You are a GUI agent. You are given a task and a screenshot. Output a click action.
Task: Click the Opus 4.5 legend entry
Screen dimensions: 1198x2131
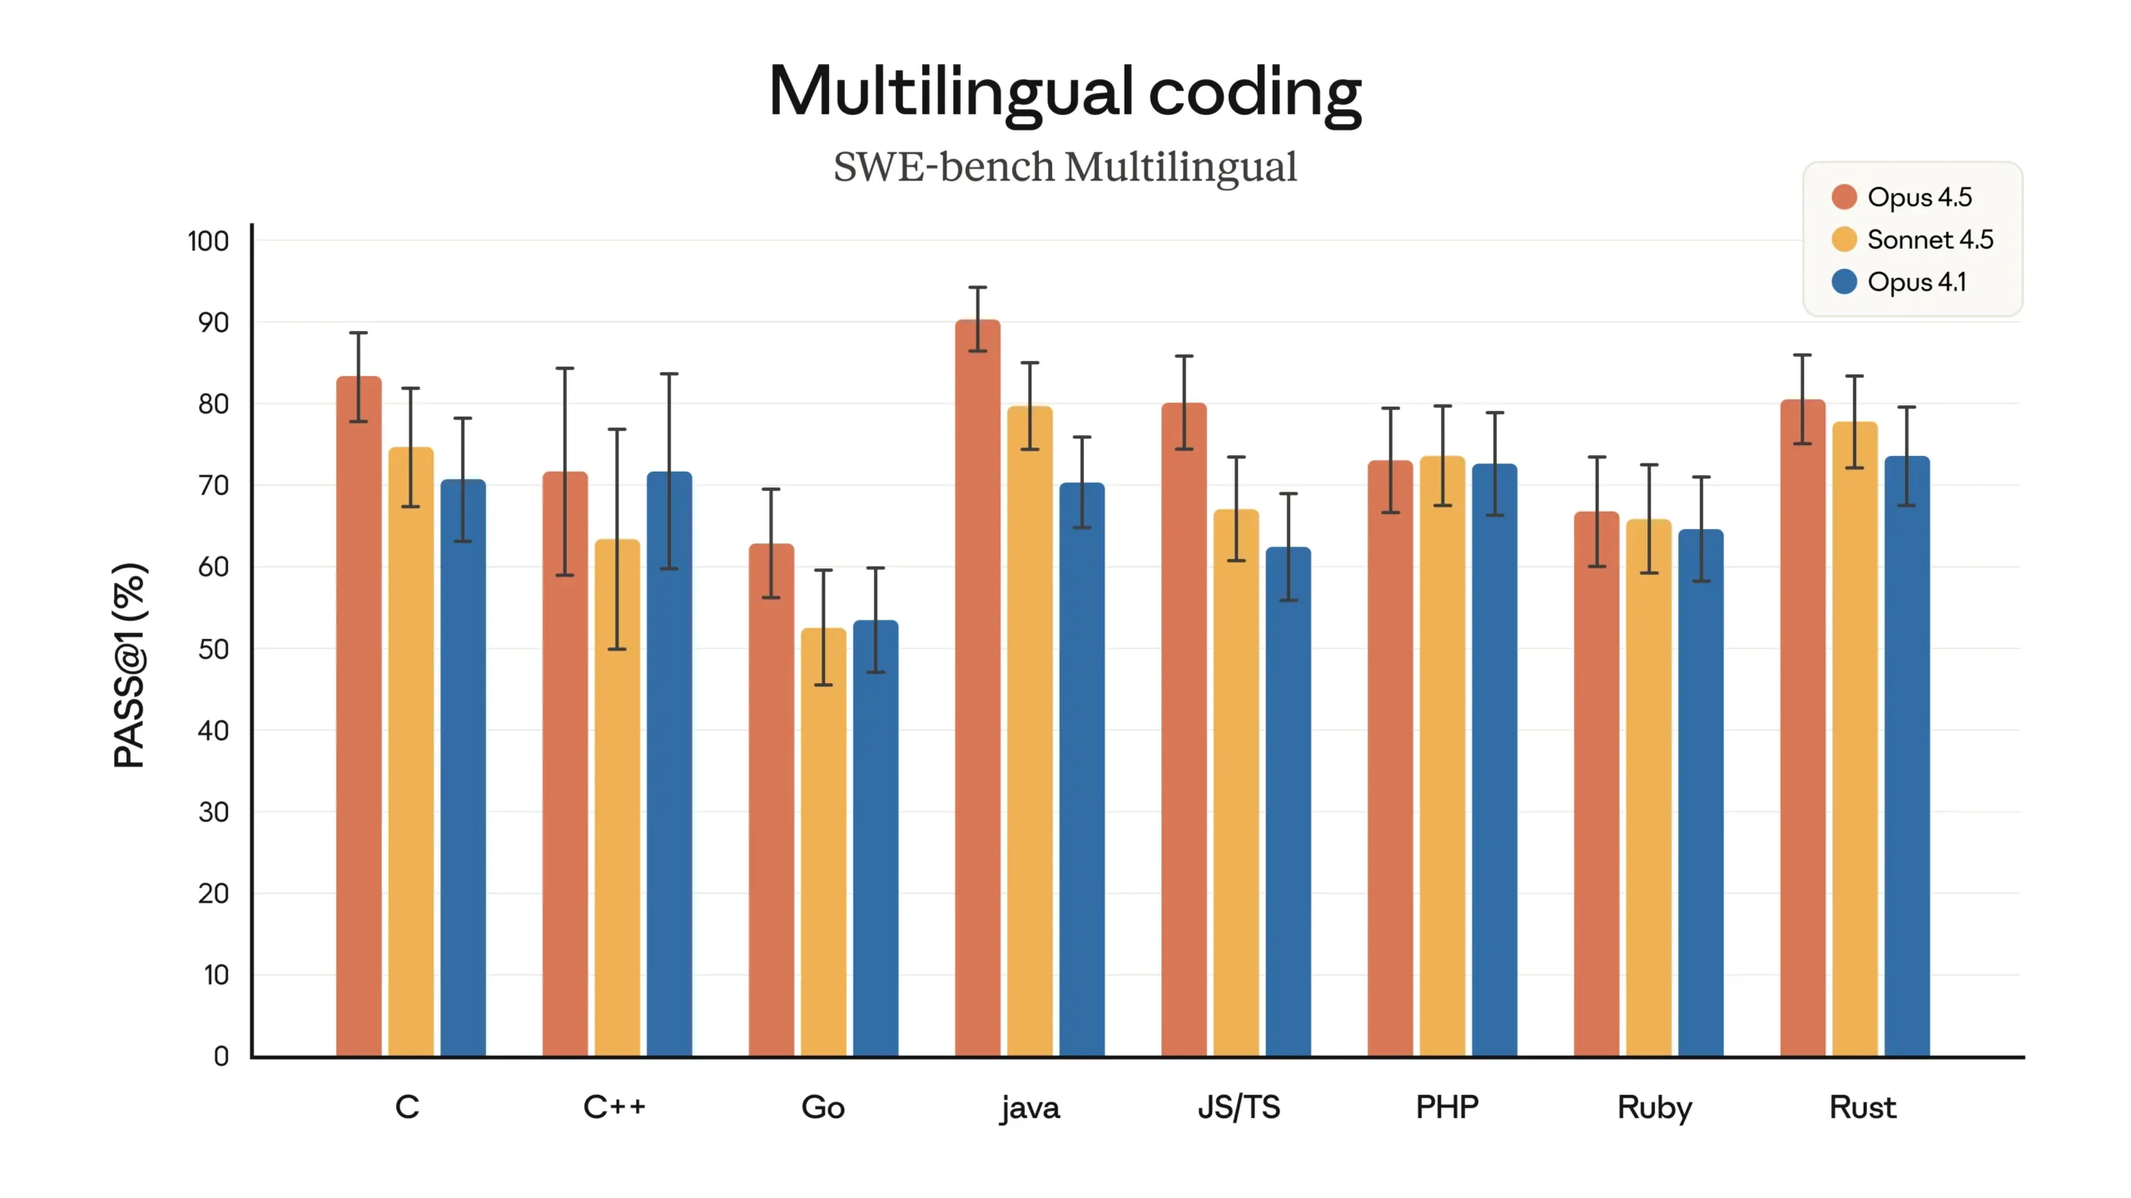coord(1901,197)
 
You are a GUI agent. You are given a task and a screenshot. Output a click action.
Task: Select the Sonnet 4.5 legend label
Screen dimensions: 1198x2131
coord(1930,240)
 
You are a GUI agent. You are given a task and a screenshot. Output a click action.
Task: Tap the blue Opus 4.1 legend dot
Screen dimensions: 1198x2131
coord(1844,282)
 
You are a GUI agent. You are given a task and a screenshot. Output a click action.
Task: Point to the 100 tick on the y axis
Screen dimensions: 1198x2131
coord(208,241)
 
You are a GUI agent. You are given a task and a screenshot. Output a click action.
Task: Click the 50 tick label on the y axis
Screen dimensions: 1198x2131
coord(213,649)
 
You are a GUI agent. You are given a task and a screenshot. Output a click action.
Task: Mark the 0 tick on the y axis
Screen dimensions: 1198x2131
coord(221,1056)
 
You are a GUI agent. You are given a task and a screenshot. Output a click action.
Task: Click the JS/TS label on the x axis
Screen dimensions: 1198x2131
coord(1238,1107)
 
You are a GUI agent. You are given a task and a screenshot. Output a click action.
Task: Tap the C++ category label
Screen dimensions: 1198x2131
coord(614,1107)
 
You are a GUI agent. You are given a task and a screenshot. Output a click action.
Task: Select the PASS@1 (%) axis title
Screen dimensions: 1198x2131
coord(130,666)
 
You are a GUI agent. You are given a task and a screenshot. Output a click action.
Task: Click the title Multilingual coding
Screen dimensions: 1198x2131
coord(1065,92)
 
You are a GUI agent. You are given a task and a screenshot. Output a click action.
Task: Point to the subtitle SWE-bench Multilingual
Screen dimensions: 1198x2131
coord(1065,166)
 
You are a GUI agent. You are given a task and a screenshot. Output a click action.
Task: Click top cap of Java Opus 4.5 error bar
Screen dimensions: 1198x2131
coord(977,288)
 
